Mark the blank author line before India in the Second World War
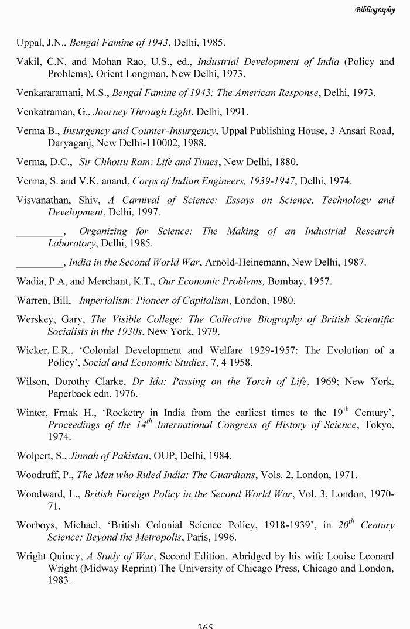[39, 262]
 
